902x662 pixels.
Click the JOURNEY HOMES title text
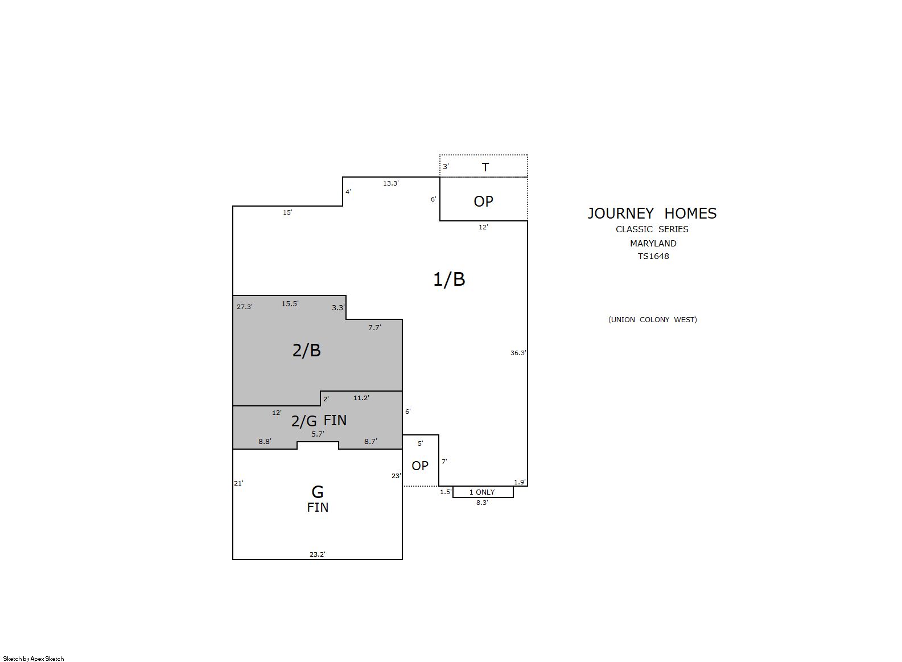click(x=652, y=213)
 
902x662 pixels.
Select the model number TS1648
click(x=653, y=256)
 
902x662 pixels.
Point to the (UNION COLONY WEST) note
click(x=652, y=319)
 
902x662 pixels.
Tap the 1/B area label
click(x=449, y=279)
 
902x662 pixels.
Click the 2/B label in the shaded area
click(x=306, y=350)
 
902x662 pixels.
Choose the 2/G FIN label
click(x=319, y=421)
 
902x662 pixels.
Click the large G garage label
click(x=318, y=492)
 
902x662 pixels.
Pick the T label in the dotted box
click(x=485, y=167)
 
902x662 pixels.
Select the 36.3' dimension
click(x=518, y=353)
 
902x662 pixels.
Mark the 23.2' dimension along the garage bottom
click(x=318, y=554)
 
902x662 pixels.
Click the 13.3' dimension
click(x=390, y=183)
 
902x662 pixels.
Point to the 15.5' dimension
click(x=290, y=303)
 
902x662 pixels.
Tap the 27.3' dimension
click(x=245, y=307)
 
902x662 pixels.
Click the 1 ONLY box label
click(x=482, y=492)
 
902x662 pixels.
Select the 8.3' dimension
click(x=482, y=503)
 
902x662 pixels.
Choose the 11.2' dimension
click(x=361, y=398)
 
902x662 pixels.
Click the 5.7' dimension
click(x=318, y=434)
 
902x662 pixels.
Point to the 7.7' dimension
click(x=374, y=328)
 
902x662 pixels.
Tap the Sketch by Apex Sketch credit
click(x=34, y=659)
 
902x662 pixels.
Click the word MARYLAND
click(x=653, y=243)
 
